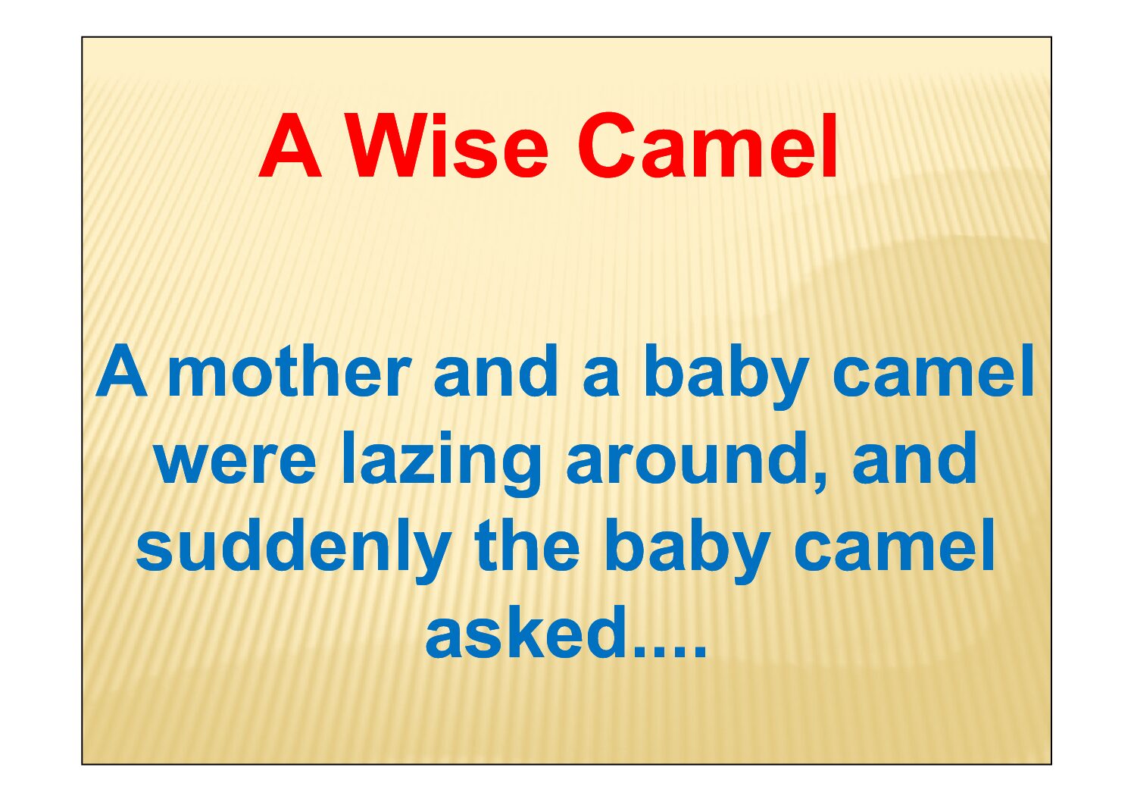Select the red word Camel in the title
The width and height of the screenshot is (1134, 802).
coord(708,146)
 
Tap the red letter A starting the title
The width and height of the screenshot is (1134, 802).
coord(290,146)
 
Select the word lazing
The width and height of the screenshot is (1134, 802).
coord(441,464)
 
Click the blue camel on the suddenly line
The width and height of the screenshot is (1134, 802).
coord(894,545)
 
